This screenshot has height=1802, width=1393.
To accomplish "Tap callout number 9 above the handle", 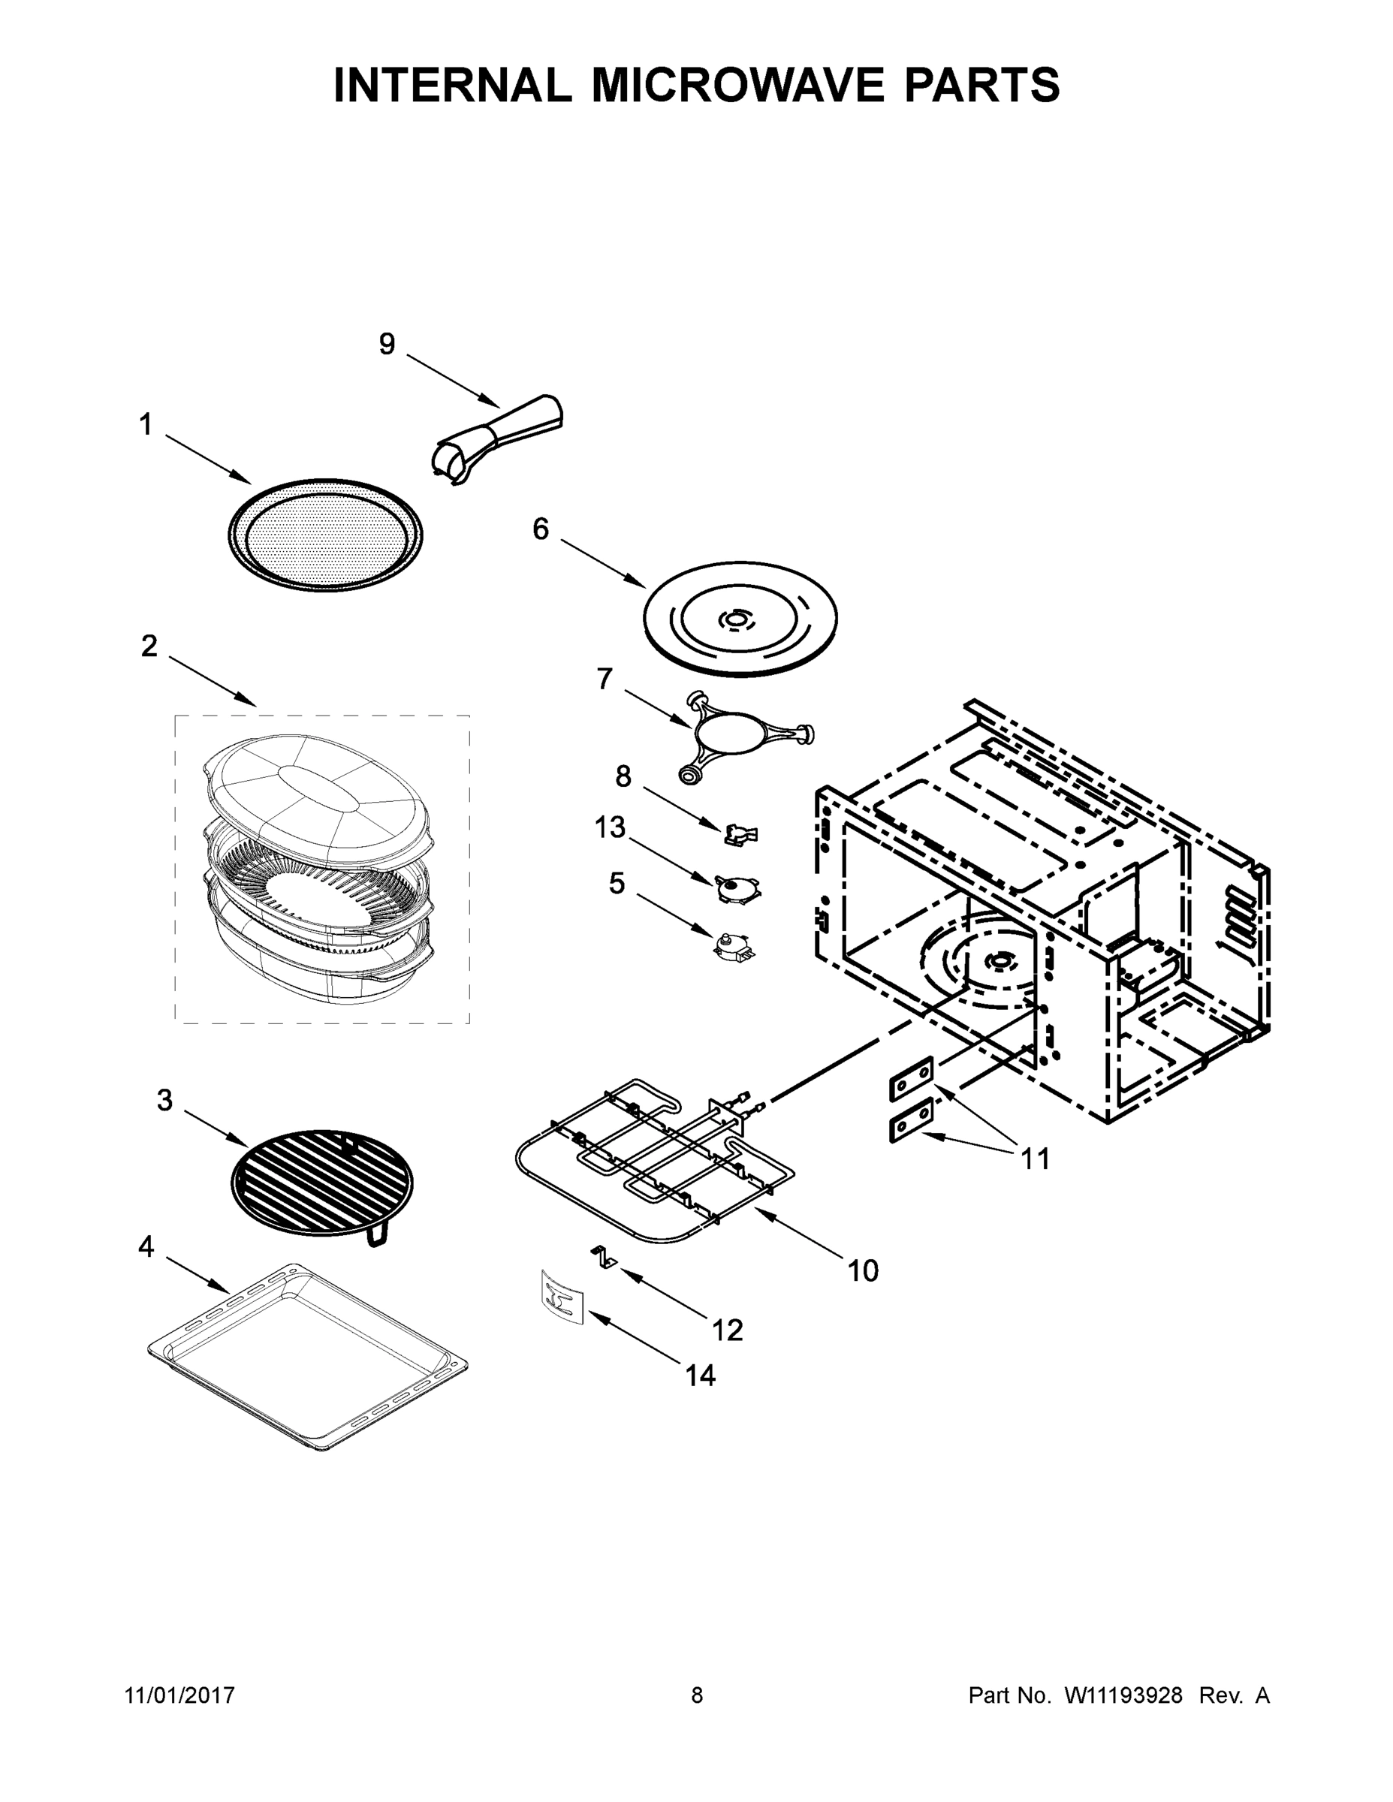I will [x=387, y=344].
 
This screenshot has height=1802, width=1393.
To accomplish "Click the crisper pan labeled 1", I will [x=325, y=534].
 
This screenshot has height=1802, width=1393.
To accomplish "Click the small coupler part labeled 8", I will [x=740, y=834].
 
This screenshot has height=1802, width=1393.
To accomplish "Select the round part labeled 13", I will [x=737, y=887].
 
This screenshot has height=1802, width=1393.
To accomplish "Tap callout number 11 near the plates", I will [x=1035, y=1159].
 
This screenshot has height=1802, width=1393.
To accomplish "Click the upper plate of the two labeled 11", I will [x=911, y=1077].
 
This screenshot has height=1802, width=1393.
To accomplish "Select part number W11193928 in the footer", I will [x=1123, y=1695].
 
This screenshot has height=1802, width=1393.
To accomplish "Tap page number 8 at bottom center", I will [x=697, y=1695].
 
